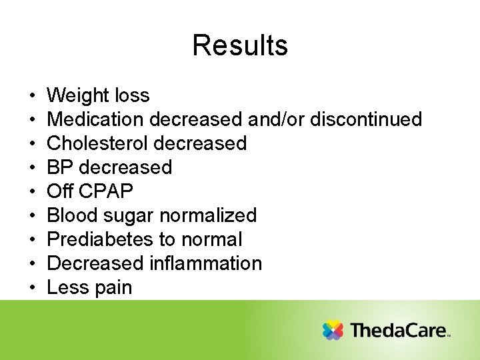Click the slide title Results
240,45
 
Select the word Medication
97,119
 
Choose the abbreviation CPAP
105,191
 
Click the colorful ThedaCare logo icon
333,330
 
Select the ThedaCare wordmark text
398,330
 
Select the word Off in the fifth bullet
60,191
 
